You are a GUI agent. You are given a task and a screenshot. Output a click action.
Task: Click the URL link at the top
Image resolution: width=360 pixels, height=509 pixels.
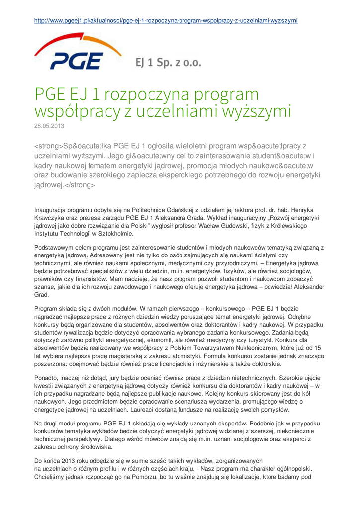coord(166,21)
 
